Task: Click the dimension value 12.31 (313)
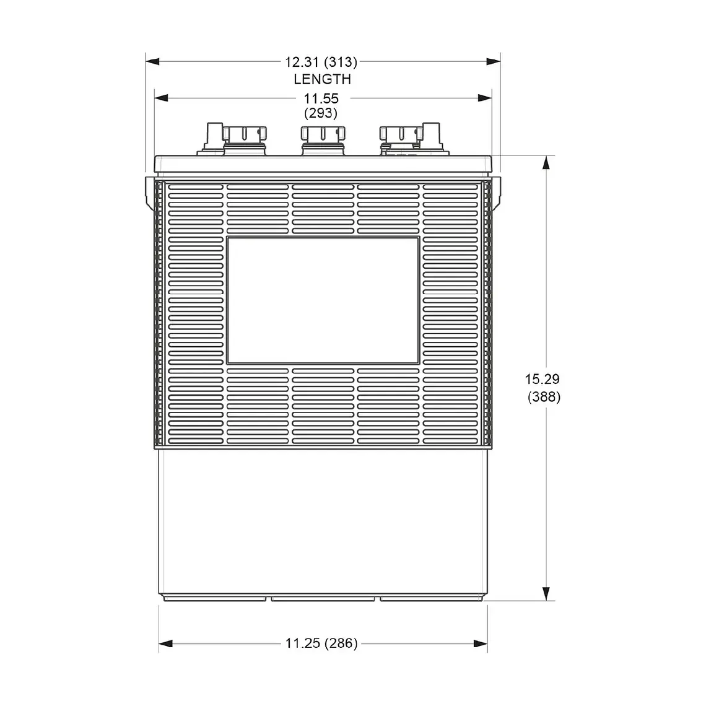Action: tap(321, 62)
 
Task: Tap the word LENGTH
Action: tap(322, 79)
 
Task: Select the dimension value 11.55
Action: tap(321, 98)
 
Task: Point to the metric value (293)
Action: tap(321, 113)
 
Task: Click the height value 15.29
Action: tap(543, 379)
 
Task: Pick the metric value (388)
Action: tap(544, 397)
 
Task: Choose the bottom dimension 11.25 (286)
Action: tap(321, 643)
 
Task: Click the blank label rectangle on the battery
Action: tap(323, 300)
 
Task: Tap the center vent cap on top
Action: tap(322, 134)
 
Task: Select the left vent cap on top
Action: tap(244, 134)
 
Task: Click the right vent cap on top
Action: tap(400, 134)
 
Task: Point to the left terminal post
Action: tap(214, 136)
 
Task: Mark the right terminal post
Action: tap(431, 136)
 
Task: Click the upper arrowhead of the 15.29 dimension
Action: tap(546, 162)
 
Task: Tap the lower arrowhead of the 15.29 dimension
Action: tap(546, 593)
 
